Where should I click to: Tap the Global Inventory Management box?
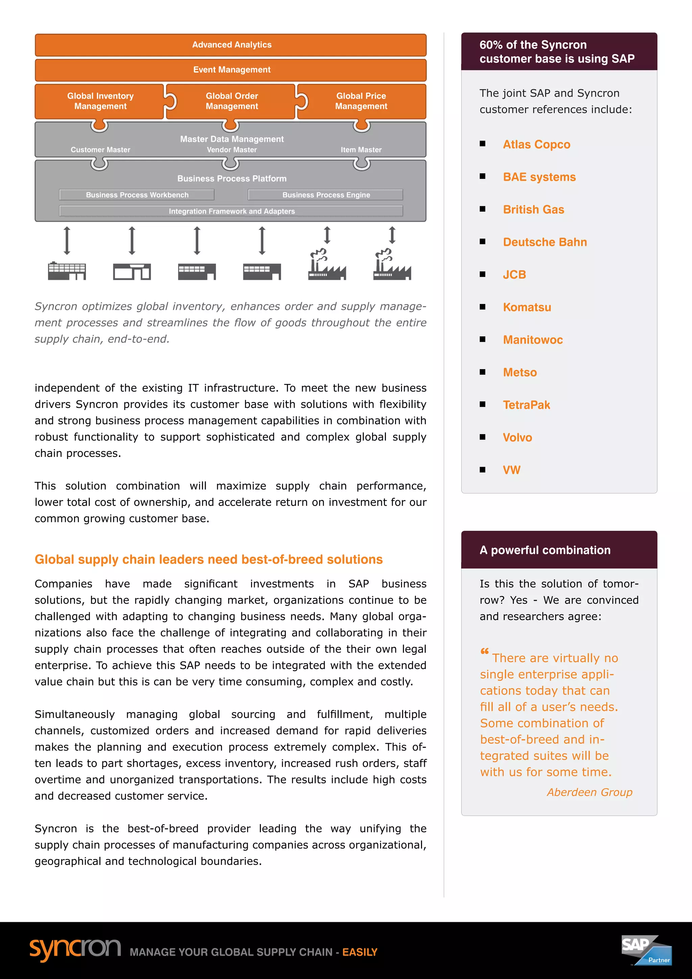[100, 101]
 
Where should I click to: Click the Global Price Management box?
[361, 101]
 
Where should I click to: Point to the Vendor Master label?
[231, 150]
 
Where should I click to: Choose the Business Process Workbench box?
[137, 195]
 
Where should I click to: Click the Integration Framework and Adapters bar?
[231, 211]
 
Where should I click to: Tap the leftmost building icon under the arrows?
[67, 271]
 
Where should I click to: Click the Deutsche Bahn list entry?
[545, 242]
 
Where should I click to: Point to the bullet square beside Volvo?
[483, 437]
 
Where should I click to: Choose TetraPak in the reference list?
[526, 405]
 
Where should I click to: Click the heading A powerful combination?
[545, 550]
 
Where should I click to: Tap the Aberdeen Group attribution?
[589, 792]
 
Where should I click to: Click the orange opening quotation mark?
[485, 651]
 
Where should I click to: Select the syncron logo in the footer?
[75, 950]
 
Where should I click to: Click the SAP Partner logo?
[646, 950]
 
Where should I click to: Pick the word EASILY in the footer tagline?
[360, 952]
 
